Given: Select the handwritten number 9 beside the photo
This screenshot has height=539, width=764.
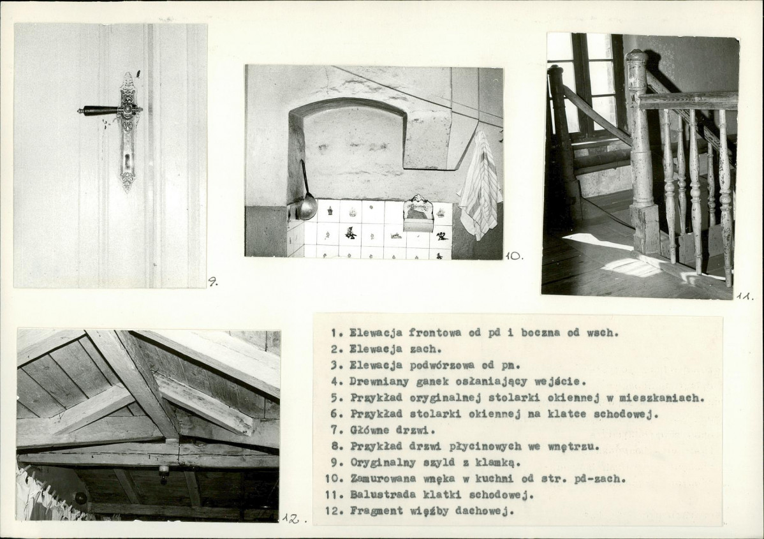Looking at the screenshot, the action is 213,282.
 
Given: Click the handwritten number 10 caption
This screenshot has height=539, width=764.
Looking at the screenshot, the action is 513,255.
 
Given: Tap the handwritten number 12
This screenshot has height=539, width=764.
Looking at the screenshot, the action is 293,519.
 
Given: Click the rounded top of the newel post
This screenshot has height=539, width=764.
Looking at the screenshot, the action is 636,56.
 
